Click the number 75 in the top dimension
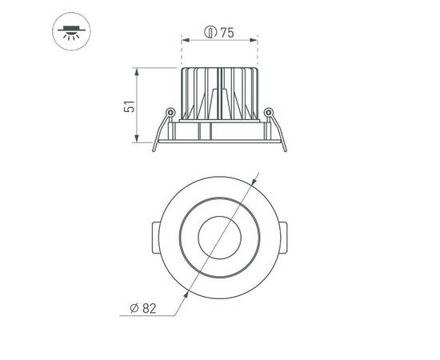click(226, 33)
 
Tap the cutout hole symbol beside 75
click(210, 33)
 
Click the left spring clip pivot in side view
click(170, 111)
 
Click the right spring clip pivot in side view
click(269, 111)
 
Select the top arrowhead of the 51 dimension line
click(138, 71)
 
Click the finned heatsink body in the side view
click(220, 92)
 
